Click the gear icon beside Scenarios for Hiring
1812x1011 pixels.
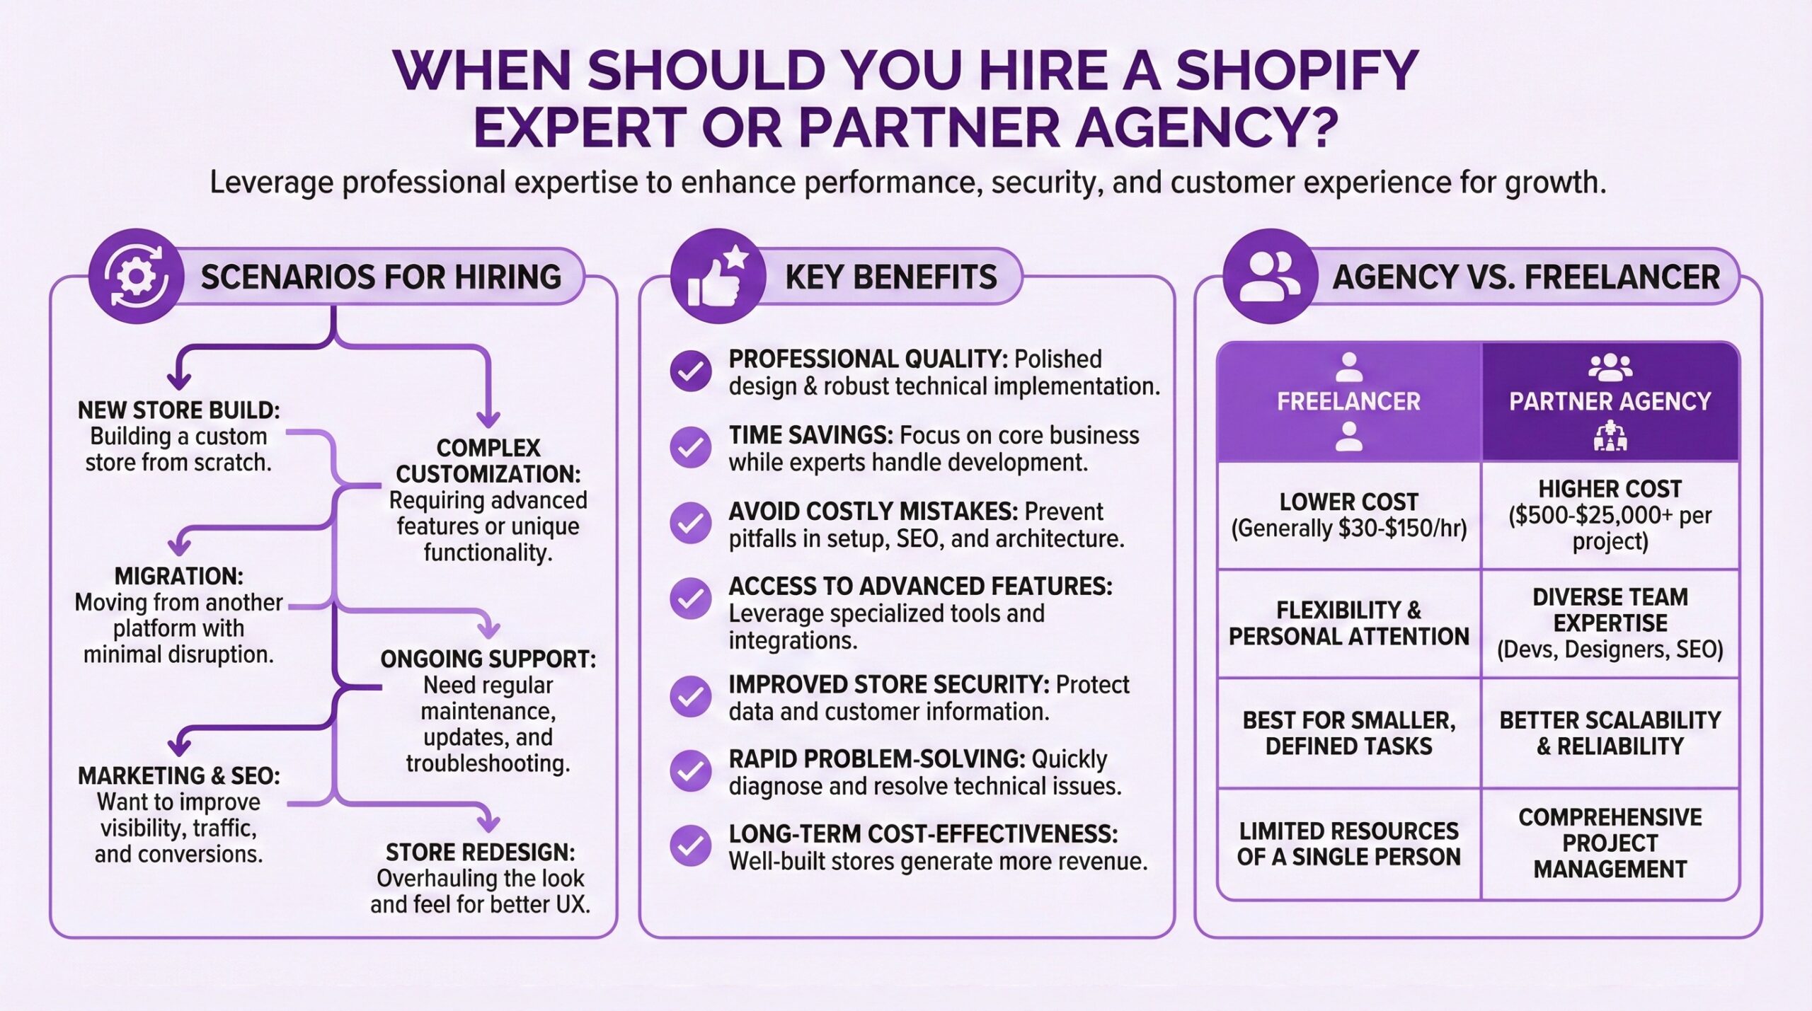coord(136,276)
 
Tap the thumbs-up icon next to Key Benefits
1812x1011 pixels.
coord(717,277)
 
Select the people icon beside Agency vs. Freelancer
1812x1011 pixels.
coord(1271,276)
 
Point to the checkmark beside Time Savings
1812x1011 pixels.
coord(691,448)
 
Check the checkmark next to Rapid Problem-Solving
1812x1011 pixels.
coord(691,771)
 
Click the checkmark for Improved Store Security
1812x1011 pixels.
coord(691,697)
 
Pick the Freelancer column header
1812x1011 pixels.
coord(1348,402)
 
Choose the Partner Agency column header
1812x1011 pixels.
coord(1610,402)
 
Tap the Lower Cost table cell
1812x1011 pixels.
coord(1348,515)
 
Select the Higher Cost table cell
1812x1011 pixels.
coord(1610,515)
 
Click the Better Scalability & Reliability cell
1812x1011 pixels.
coord(1610,733)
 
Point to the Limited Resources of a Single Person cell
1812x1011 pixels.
coord(1348,843)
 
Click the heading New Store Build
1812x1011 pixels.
coord(178,410)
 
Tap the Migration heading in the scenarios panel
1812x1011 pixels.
coord(178,576)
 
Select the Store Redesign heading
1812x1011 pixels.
coord(480,852)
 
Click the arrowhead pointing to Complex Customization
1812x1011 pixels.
coord(488,419)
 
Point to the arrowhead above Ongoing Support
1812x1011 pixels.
coord(488,630)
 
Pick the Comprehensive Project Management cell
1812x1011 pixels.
coord(1610,843)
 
